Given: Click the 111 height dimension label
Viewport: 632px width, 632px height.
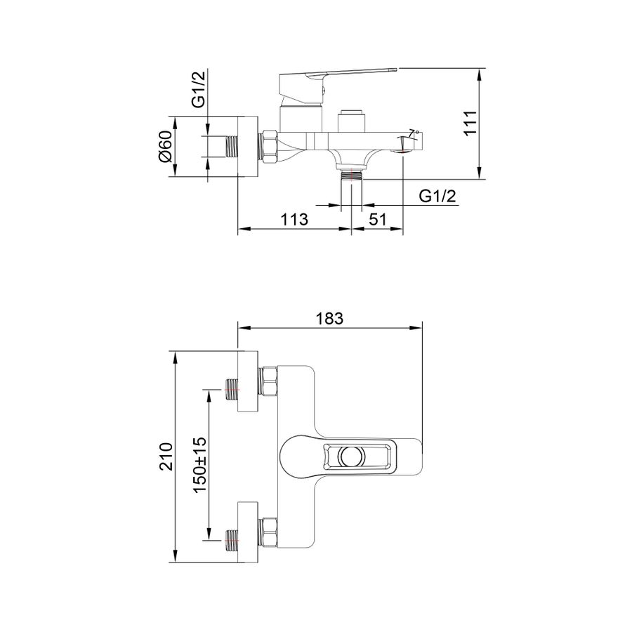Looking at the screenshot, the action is (x=470, y=123).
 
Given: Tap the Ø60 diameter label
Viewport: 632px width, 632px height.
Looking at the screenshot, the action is (x=165, y=146).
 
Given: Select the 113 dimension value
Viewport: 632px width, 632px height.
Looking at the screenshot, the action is (x=294, y=220).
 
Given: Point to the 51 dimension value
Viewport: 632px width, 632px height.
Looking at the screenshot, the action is (x=378, y=220).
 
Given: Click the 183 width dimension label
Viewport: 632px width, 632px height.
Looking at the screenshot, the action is (x=329, y=318).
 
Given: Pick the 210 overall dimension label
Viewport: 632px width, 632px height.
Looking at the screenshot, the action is (x=166, y=456).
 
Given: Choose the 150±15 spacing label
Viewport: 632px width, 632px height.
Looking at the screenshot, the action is (x=200, y=465).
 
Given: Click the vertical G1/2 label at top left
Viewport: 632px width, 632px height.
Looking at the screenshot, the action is (x=199, y=88).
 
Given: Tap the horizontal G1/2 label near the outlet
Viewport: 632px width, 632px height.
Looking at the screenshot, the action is (x=437, y=196).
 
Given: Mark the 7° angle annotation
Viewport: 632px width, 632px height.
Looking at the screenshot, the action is (x=414, y=133).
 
